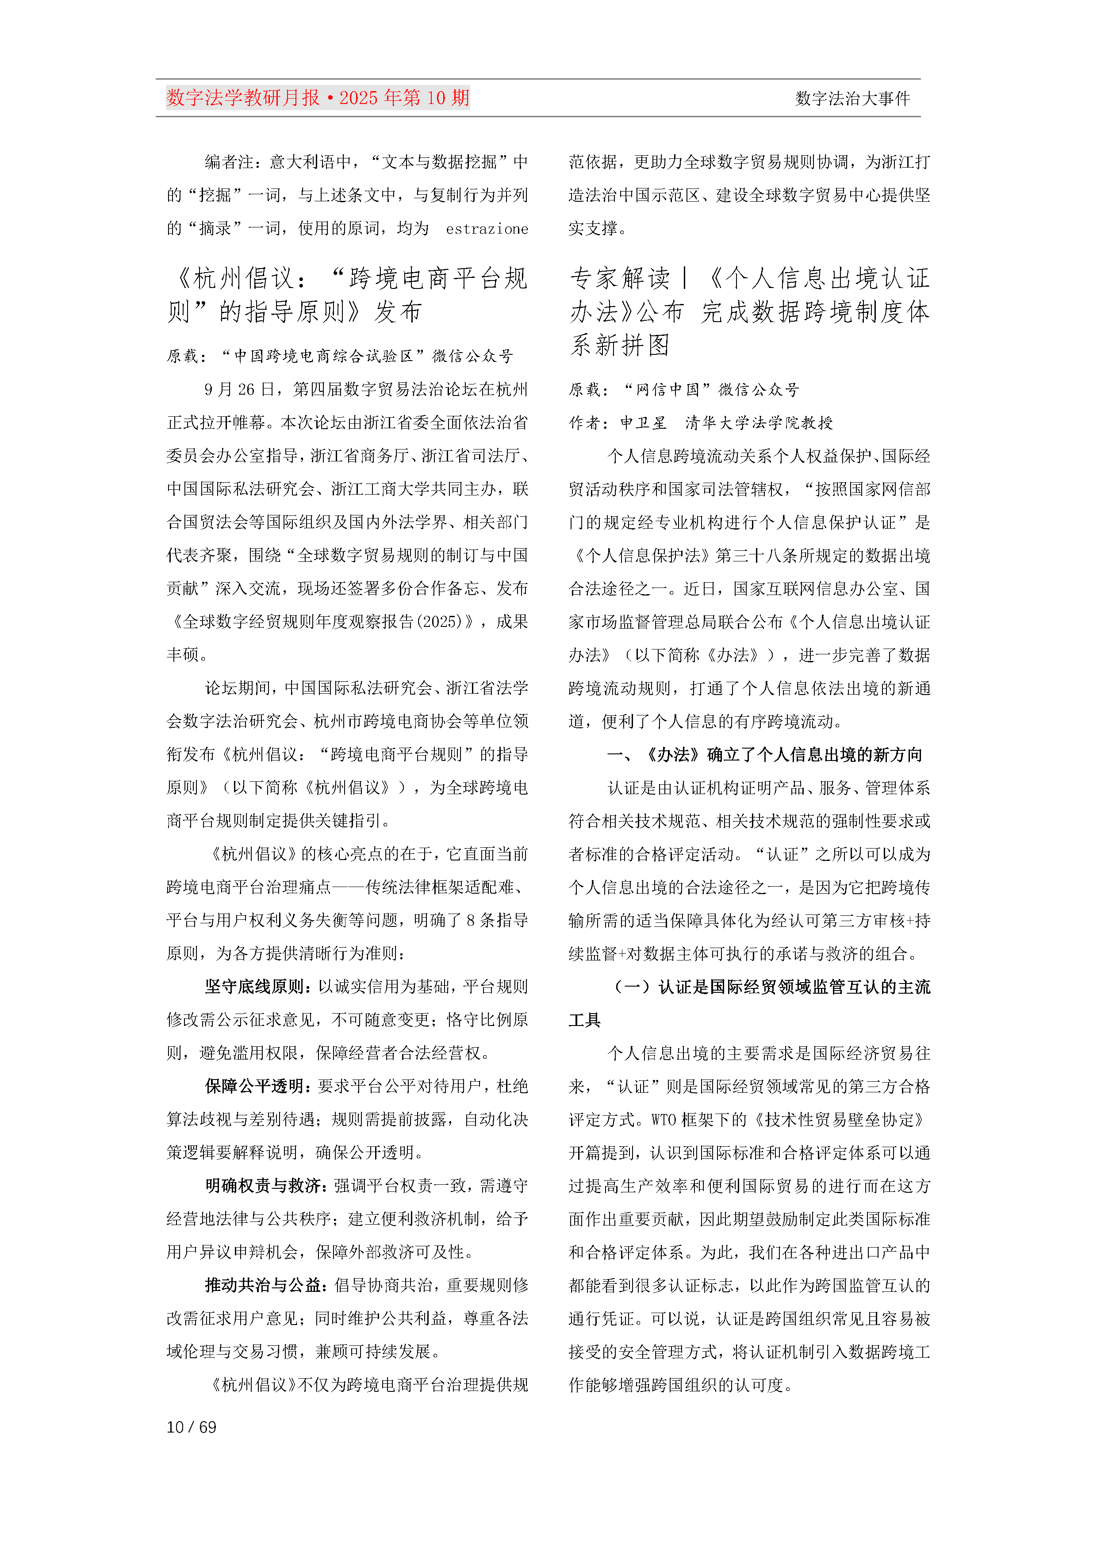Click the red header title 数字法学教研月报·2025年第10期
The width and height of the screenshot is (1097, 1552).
(x=318, y=98)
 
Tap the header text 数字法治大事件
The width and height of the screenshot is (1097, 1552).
(x=852, y=99)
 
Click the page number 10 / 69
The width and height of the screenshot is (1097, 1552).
(x=191, y=1427)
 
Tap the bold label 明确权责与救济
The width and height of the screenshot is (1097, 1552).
(x=262, y=1186)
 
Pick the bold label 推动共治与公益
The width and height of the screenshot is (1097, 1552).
(x=262, y=1285)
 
